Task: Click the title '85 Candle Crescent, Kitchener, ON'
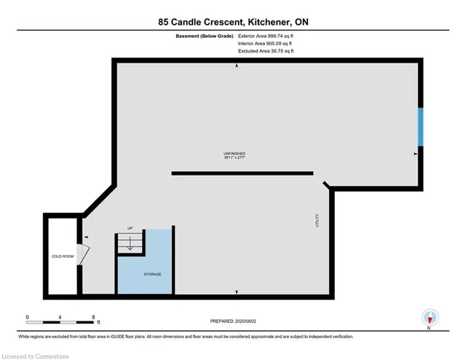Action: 232,22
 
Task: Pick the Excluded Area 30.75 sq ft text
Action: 266,52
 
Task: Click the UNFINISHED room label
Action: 233,153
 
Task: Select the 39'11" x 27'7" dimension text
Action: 233,158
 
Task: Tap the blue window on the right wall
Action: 420,126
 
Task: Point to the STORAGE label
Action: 152,274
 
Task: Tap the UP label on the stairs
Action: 130,227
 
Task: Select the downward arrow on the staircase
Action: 130,244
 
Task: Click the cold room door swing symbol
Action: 84,255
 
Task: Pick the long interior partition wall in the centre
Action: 242,173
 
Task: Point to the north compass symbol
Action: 430,318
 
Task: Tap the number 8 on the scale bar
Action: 93,317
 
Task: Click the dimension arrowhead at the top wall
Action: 237,66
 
